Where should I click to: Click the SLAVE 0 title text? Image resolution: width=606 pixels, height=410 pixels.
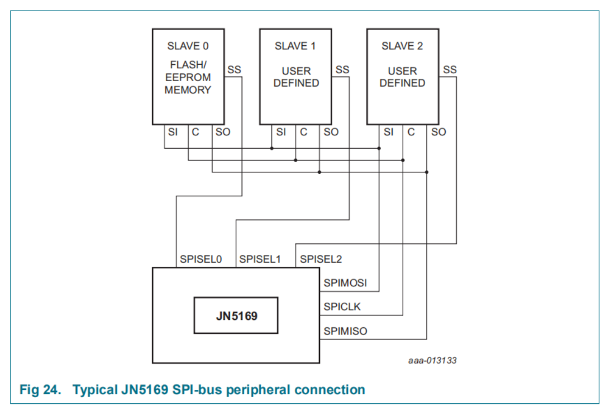[x=188, y=46]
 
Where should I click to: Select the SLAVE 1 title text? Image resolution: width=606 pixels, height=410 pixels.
[x=295, y=46]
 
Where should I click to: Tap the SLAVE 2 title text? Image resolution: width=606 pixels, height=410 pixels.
[x=402, y=46]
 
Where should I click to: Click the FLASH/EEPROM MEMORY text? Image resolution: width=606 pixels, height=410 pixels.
[x=188, y=77]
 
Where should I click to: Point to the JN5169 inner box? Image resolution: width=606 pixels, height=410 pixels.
[x=236, y=315]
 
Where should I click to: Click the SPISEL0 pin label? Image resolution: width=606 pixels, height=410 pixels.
[x=201, y=260]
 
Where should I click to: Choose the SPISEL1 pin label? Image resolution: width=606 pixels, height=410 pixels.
[x=260, y=260]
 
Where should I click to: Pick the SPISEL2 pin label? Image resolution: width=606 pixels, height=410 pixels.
[x=321, y=260]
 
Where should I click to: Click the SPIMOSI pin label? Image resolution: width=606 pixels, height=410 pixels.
[x=345, y=283]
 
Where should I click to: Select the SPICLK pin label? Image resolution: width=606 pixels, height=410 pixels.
[x=342, y=307]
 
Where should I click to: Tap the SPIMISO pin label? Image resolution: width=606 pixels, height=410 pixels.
[x=345, y=331]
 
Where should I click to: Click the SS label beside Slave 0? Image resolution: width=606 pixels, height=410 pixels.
[x=235, y=70]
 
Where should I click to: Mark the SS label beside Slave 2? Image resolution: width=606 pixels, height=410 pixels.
[x=450, y=70]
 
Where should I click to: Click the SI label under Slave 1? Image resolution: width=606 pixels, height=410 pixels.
[x=281, y=132]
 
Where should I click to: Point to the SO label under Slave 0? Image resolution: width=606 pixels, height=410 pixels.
[x=223, y=132]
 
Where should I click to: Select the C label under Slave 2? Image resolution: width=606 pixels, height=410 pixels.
[x=411, y=132]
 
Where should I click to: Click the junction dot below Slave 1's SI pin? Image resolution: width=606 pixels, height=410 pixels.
[x=271, y=148]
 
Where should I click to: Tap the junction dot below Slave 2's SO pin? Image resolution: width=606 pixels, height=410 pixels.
[x=427, y=172]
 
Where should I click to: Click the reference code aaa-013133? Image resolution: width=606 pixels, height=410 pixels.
[x=432, y=361]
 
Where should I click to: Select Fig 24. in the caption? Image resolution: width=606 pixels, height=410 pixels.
[x=40, y=390]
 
